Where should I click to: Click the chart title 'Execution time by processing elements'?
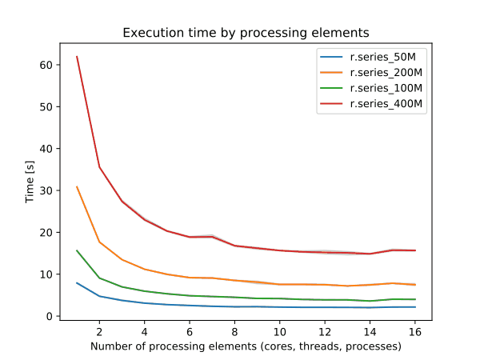pos(246,34)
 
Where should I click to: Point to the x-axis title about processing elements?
pos(246,346)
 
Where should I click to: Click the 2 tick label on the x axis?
pos(99,331)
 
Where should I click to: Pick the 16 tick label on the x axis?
pos(413,331)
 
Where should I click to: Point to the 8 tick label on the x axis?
pos(234,331)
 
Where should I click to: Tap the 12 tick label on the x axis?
pos(323,331)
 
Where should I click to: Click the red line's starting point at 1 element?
pos(77,56)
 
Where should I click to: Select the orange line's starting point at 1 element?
pos(77,186)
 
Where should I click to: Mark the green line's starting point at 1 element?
pos(77,250)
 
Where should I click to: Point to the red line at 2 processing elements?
pos(99,167)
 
